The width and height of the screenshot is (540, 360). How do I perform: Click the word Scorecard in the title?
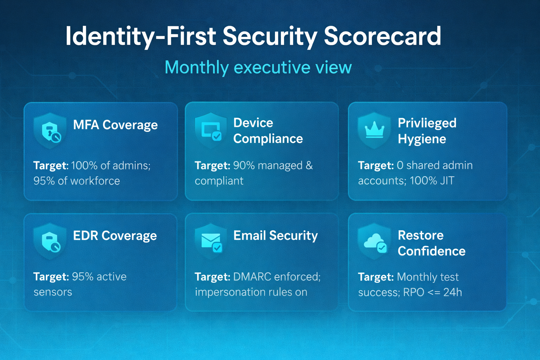pyautogui.click(x=382, y=36)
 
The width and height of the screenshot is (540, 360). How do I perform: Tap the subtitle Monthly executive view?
pyautogui.click(x=258, y=67)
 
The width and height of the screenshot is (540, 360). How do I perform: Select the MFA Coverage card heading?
pyautogui.click(x=115, y=125)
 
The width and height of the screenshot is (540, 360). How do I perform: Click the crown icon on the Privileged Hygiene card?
pyautogui.click(x=374, y=130)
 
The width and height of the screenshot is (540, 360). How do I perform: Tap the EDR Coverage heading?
pyautogui.click(x=115, y=236)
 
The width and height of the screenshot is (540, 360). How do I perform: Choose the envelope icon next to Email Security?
pyautogui.click(x=211, y=242)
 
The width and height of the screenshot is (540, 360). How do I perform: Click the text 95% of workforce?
pyautogui.click(x=77, y=181)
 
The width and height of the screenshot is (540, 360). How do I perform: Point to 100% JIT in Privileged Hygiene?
pyautogui.click(x=432, y=181)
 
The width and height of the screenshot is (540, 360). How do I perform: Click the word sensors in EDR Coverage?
pyautogui.click(x=53, y=292)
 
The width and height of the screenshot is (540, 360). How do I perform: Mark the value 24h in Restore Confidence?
pyautogui.click(x=452, y=292)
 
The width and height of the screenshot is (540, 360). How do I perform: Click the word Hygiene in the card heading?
pyautogui.click(x=422, y=139)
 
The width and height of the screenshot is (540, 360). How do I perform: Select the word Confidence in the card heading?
pyautogui.click(x=431, y=251)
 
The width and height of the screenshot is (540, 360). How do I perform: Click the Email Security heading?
pyautogui.click(x=275, y=235)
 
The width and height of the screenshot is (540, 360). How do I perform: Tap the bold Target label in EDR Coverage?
pyautogui.click(x=51, y=277)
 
